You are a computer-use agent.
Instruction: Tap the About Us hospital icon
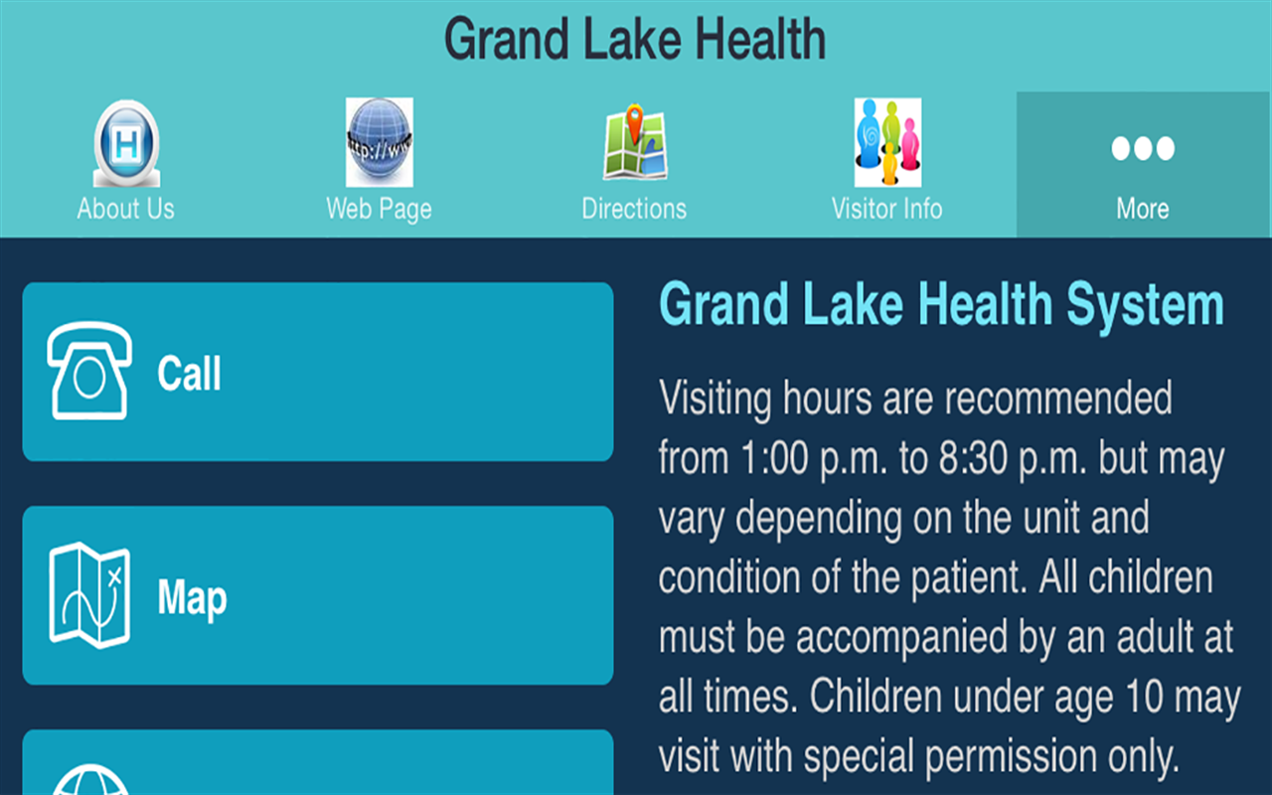[x=126, y=144]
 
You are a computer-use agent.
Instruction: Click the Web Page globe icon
[x=379, y=142]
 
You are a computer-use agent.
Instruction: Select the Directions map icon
[x=634, y=144]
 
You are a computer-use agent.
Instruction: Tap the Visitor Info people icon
[x=887, y=142]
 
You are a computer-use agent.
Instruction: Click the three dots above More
[x=1143, y=149]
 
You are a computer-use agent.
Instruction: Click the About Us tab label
[x=126, y=209]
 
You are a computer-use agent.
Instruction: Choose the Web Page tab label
[x=379, y=209]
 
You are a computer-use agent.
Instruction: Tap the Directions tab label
[x=634, y=209]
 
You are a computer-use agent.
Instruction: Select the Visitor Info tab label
[x=887, y=209]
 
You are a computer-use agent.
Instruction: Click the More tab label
[x=1143, y=209]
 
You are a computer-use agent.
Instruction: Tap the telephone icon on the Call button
[x=89, y=371]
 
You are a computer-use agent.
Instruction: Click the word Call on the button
[x=189, y=374]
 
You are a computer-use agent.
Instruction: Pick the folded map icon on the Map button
[x=89, y=595]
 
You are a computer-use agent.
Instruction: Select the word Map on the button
[x=192, y=598]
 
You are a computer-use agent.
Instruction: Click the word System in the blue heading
[x=1145, y=305]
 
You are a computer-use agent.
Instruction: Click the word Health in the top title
[x=760, y=40]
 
